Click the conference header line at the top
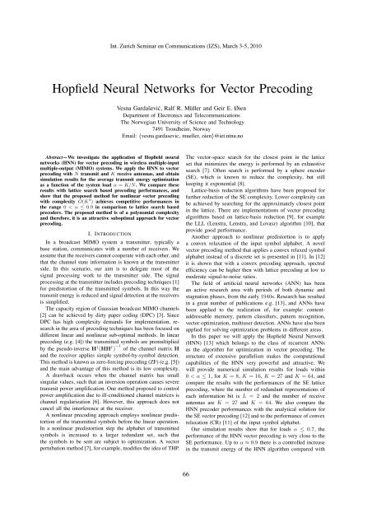186,12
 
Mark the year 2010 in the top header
296,12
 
